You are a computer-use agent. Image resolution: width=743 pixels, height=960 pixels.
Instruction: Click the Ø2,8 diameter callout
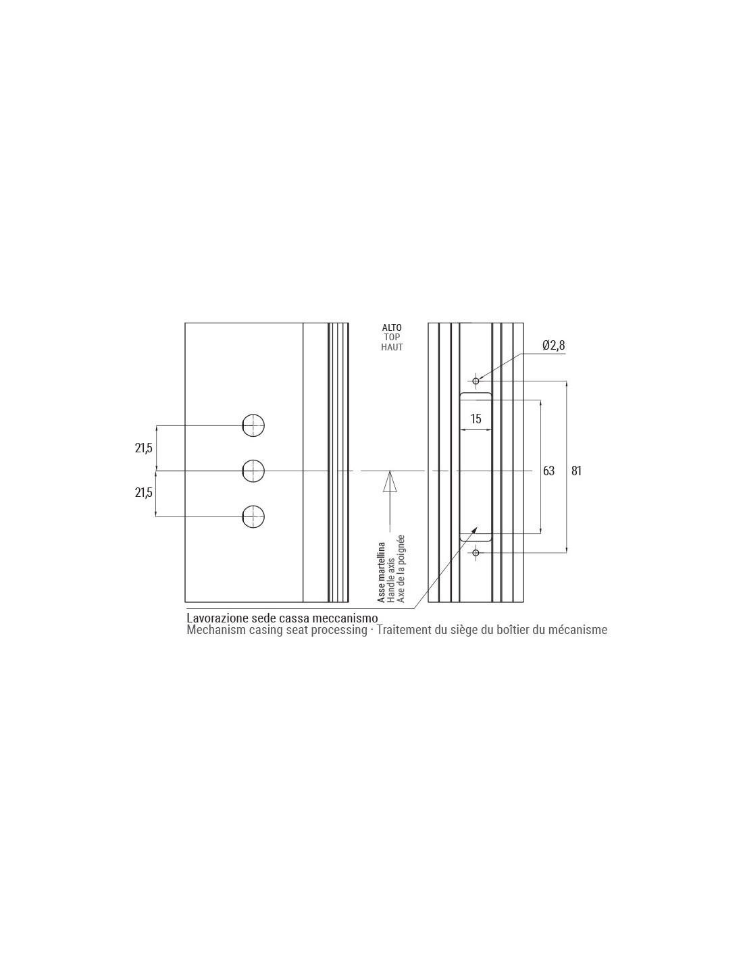pos(553,345)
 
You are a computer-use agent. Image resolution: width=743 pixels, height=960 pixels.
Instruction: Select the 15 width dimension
pos(476,419)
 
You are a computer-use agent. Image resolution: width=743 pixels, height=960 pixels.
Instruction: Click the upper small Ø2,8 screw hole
pos(476,381)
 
